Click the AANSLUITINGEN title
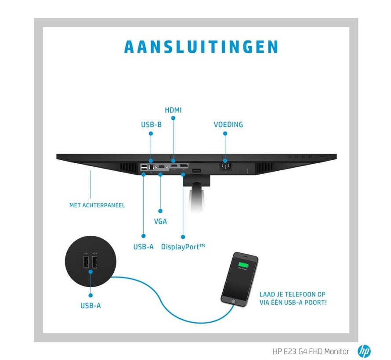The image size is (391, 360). click(x=201, y=47)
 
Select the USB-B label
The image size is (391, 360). click(x=151, y=125)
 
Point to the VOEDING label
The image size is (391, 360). click(x=228, y=125)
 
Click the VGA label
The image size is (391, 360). click(x=160, y=221)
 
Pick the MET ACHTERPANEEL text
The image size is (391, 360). click(x=97, y=205)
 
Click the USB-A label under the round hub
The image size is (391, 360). click(x=91, y=305)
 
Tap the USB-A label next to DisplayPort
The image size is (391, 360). click(x=143, y=247)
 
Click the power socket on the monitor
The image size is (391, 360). click(x=225, y=166)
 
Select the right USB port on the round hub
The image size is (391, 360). click(x=94, y=263)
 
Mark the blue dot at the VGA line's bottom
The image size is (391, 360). click(x=160, y=211)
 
